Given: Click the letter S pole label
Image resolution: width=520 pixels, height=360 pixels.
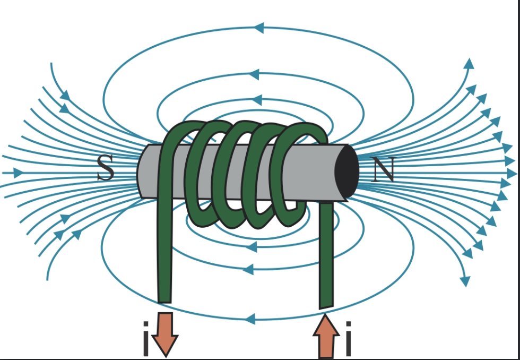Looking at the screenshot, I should pyautogui.click(x=106, y=169).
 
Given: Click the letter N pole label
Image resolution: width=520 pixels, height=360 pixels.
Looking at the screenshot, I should pyautogui.click(x=384, y=171).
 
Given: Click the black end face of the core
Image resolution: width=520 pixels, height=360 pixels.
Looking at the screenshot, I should pyautogui.click(x=346, y=171).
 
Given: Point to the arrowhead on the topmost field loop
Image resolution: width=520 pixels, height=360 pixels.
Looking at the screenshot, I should pyautogui.click(x=258, y=28).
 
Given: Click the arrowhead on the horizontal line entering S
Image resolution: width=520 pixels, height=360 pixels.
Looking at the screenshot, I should pyautogui.click(x=19, y=173).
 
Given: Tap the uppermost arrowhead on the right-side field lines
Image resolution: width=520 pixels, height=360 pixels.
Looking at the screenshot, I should pyautogui.click(x=469, y=64).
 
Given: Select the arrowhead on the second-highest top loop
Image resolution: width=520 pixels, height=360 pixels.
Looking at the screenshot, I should pyautogui.click(x=254, y=74).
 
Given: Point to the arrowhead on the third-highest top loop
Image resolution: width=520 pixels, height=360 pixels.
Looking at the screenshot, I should pyautogui.click(x=258, y=99).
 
